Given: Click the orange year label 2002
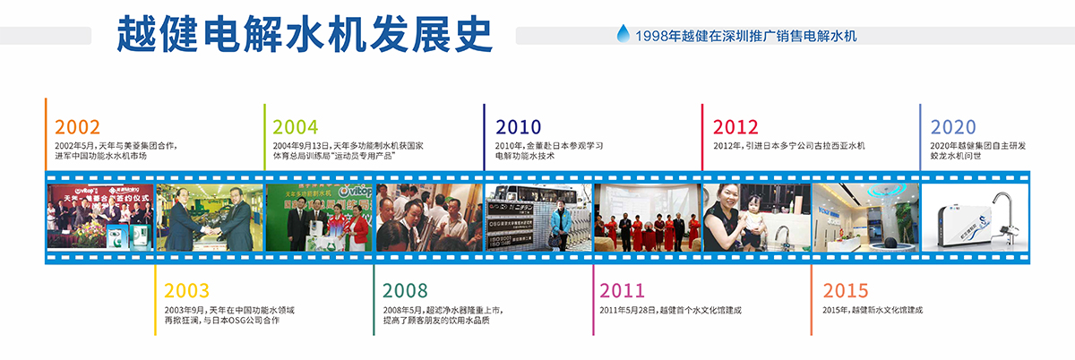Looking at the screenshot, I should pos(77,127).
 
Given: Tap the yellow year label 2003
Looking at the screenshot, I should pos(186,291).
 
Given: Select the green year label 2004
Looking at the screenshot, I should pos(296,127).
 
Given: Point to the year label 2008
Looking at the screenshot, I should pos(405,291).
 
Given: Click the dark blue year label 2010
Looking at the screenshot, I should pos(518,127).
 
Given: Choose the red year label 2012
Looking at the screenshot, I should pos(735,127).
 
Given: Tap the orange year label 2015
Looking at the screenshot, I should pos(845,291).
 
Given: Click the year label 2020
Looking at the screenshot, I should pos(952,127).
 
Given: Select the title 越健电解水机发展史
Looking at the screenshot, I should pos(305,33).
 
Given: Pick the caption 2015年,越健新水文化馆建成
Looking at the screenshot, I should pos(873,310).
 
